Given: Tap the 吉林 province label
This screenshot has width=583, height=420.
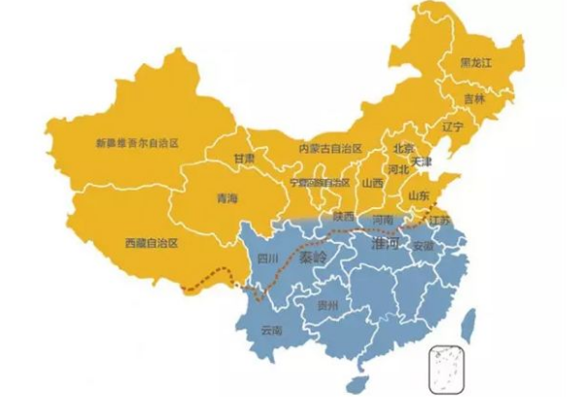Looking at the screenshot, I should (473, 98).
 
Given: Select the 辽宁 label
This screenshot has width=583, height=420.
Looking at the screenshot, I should (453, 127).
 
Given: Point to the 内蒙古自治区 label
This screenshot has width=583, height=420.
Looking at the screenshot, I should (330, 148).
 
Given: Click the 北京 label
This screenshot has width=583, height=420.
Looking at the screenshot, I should (404, 149).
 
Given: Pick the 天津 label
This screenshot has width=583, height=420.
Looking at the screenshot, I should (423, 161).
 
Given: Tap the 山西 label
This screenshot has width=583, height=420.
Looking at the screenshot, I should (372, 183).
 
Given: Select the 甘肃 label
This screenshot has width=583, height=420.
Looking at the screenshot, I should (244, 158).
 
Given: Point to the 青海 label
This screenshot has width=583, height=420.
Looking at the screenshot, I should (226, 198).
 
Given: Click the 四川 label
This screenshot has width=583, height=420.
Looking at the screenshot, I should (267, 259).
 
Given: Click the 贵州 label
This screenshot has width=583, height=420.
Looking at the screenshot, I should (327, 305).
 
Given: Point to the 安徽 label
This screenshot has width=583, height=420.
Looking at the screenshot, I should (424, 247).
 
